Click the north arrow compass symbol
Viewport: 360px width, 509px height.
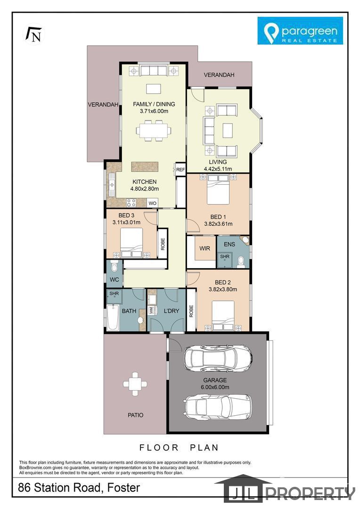pos(33,34)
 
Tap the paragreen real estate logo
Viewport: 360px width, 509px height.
pos(300,31)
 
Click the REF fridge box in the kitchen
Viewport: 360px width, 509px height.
pos(180,170)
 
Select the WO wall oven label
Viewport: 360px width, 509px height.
pos(153,203)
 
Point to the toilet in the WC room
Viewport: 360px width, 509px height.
pos(114,267)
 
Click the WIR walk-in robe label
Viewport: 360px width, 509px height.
pos(205,248)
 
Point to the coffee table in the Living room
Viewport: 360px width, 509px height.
pos(227,131)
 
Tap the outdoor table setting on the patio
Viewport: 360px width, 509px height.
pos(135,384)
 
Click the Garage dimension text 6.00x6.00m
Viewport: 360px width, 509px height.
pos(215,387)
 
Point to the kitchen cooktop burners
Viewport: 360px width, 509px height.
pos(131,203)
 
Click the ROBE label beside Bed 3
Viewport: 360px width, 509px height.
pos(163,244)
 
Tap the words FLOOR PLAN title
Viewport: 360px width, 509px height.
pos(179,448)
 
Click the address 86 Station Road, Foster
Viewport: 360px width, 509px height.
pos(79,487)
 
